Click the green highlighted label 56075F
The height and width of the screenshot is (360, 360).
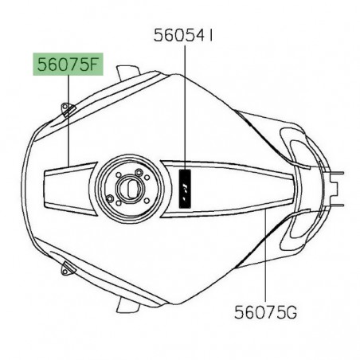(68, 65)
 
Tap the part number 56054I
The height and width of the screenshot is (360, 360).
(183, 35)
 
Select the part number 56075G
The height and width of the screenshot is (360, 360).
(265, 312)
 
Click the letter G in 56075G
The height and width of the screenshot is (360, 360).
(292, 312)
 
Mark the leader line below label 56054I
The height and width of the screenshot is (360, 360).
(185, 108)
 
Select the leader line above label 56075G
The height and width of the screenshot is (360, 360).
(266, 256)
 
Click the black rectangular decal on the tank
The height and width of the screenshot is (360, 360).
(185, 189)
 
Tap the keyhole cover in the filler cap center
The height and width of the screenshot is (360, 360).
(129, 187)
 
